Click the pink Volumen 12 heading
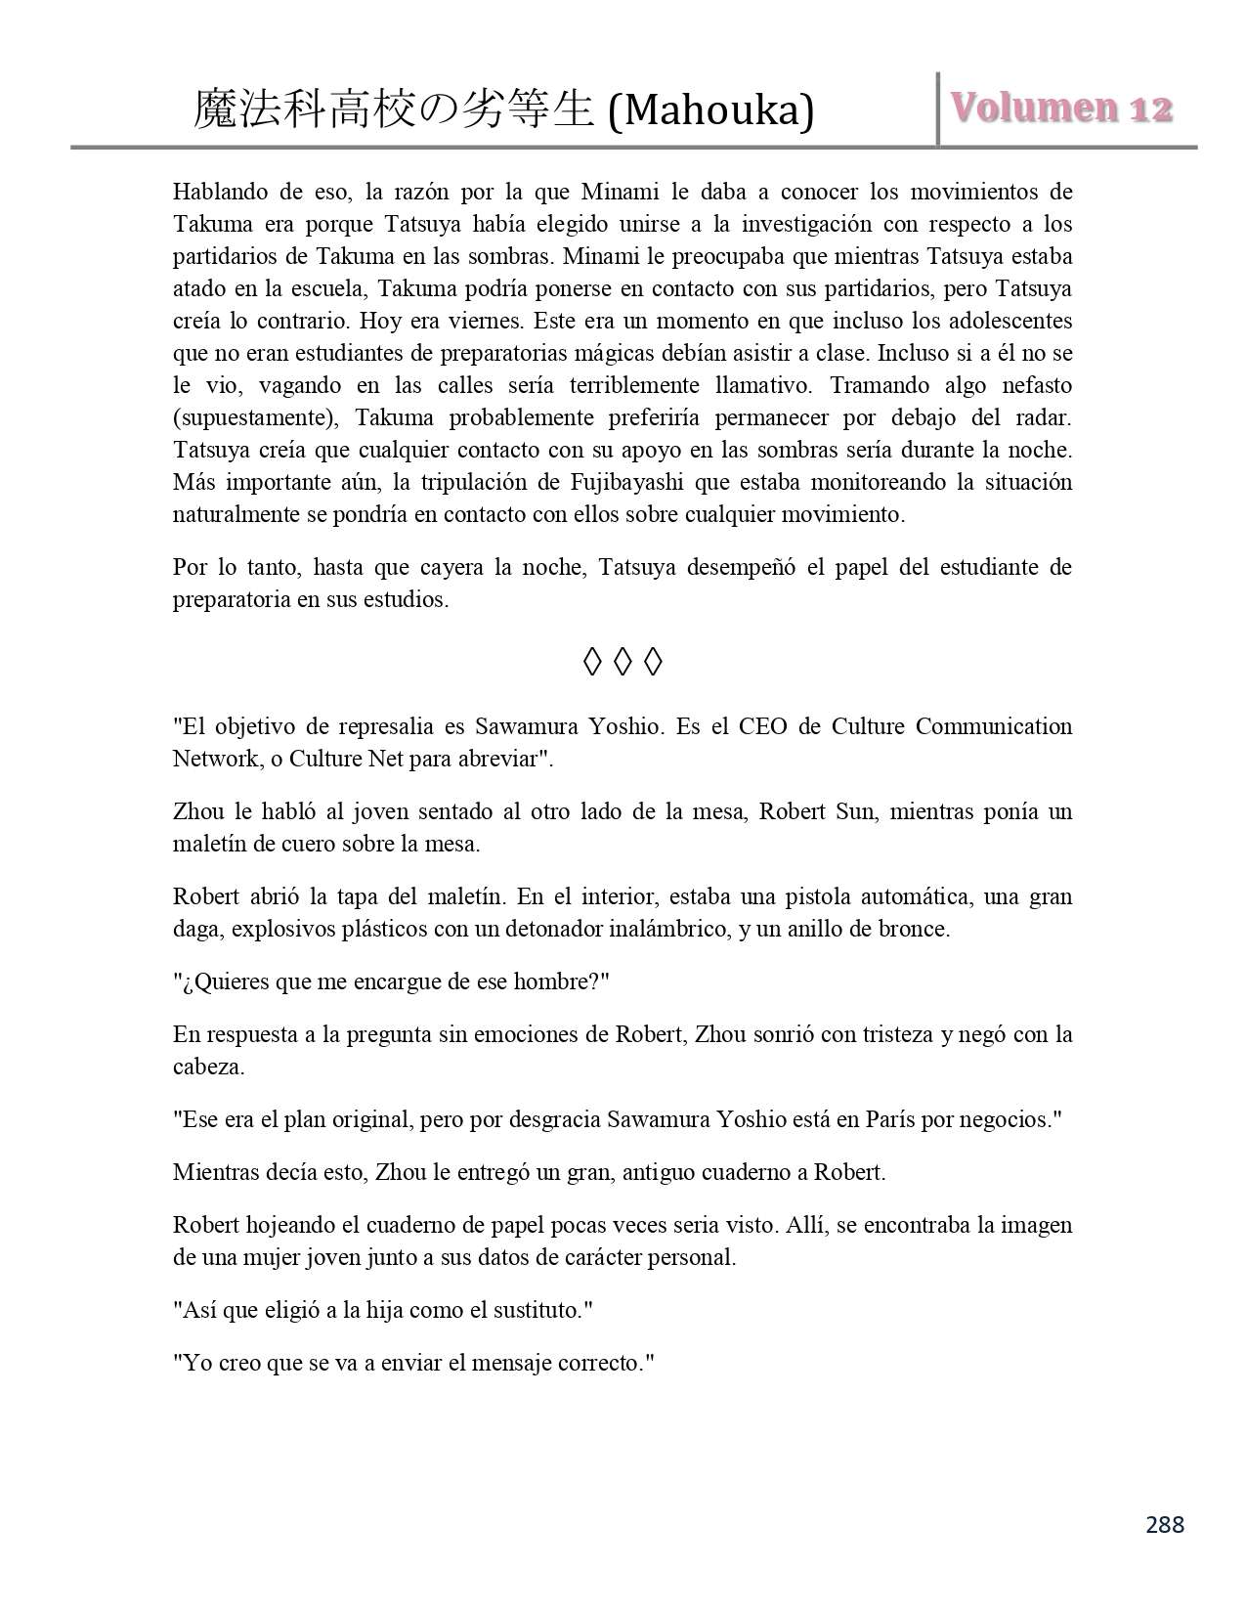[x=1061, y=109]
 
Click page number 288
[x=1164, y=1524]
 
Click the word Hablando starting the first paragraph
[x=213, y=192]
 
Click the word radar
[x=1043, y=417]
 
